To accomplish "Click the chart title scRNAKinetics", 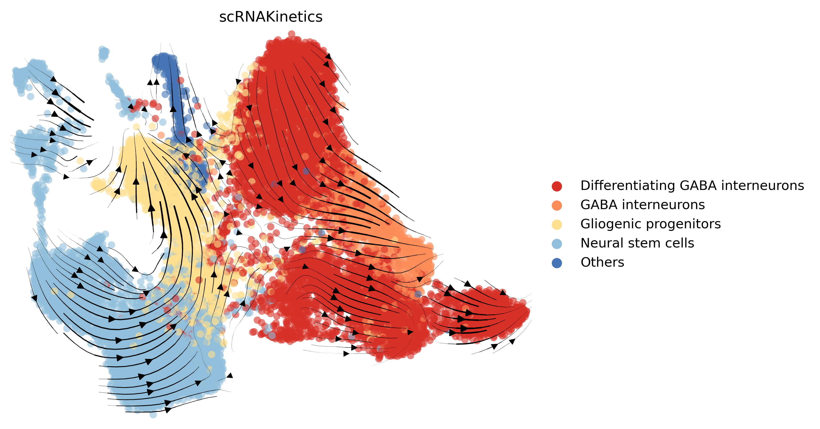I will click(x=271, y=17).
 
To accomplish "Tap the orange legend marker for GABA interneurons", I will click(x=557, y=205).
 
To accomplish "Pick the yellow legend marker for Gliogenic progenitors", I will click(x=557, y=224).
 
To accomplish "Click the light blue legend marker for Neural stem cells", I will click(x=557, y=244).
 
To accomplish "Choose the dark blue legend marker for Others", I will click(x=557, y=263).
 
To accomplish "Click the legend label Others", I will click(x=602, y=262).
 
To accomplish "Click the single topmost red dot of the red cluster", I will click(x=291, y=33).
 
